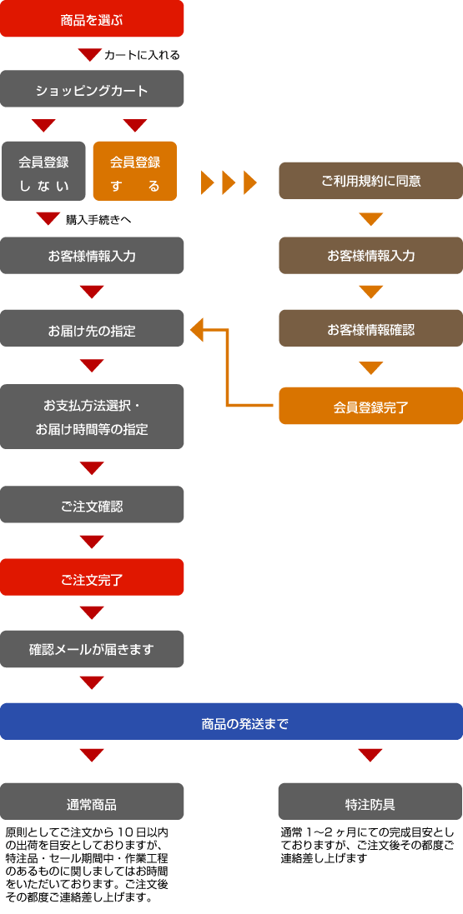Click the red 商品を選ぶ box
click(92, 18)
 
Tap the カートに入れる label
click(141, 55)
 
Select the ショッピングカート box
click(92, 88)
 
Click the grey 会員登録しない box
click(43, 172)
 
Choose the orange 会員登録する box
click(135, 172)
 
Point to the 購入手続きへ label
click(98, 220)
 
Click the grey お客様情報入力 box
click(92, 256)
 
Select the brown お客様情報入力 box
click(370, 256)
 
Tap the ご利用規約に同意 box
click(370, 181)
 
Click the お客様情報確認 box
click(370, 329)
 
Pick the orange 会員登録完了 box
click(370, 407)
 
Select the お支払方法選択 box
click(92, 417)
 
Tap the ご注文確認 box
click(92, 505)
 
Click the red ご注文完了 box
click(92, 577)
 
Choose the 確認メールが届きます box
click(92, 648)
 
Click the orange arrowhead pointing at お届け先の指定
click(198, 330)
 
